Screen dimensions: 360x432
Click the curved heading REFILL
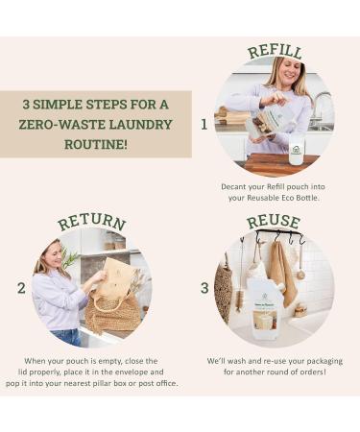pos(276,52)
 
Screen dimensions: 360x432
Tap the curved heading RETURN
pos(92,221)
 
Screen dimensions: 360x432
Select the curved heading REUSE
pos(274,222)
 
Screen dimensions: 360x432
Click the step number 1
pos(204,125)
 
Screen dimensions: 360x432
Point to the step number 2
pos(21,288)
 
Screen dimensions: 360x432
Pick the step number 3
pos(204,288)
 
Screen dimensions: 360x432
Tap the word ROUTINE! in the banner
pos(96,144)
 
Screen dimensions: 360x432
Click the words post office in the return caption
pos(158,383)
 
